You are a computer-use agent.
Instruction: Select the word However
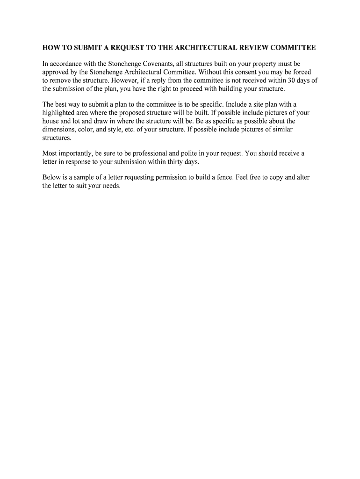tap(128, 80)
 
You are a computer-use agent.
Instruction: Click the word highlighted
tap(58, 113)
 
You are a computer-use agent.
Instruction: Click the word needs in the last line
tap(112, 186)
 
